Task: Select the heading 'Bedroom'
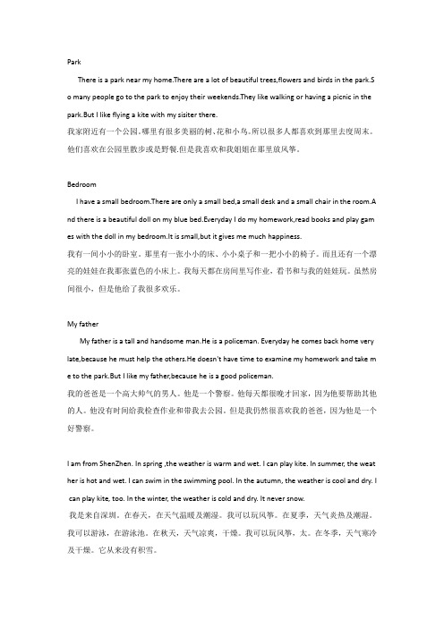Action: (x=82, y=182)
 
